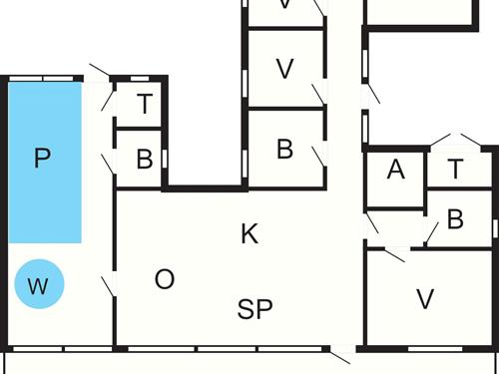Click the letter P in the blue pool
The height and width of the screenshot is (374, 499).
(41, 158)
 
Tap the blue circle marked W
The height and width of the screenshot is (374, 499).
(38, 287)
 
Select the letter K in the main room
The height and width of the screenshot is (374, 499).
(249, 234)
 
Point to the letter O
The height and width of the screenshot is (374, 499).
(165, 279)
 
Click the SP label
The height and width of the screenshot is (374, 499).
(255, 309)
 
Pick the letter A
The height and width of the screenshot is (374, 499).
(395, 171)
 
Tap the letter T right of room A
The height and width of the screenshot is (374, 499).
(456, 170)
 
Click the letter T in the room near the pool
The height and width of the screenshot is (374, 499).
(145, 104)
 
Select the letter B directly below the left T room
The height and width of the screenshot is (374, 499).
(145, 159)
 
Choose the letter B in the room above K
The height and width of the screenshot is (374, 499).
(285, 150)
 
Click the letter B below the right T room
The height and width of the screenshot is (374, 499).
(456, 219)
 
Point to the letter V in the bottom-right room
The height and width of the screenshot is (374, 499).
(426, 298)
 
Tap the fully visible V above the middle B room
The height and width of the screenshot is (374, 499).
(285, 69)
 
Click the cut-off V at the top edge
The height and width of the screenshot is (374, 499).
(285, 5)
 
